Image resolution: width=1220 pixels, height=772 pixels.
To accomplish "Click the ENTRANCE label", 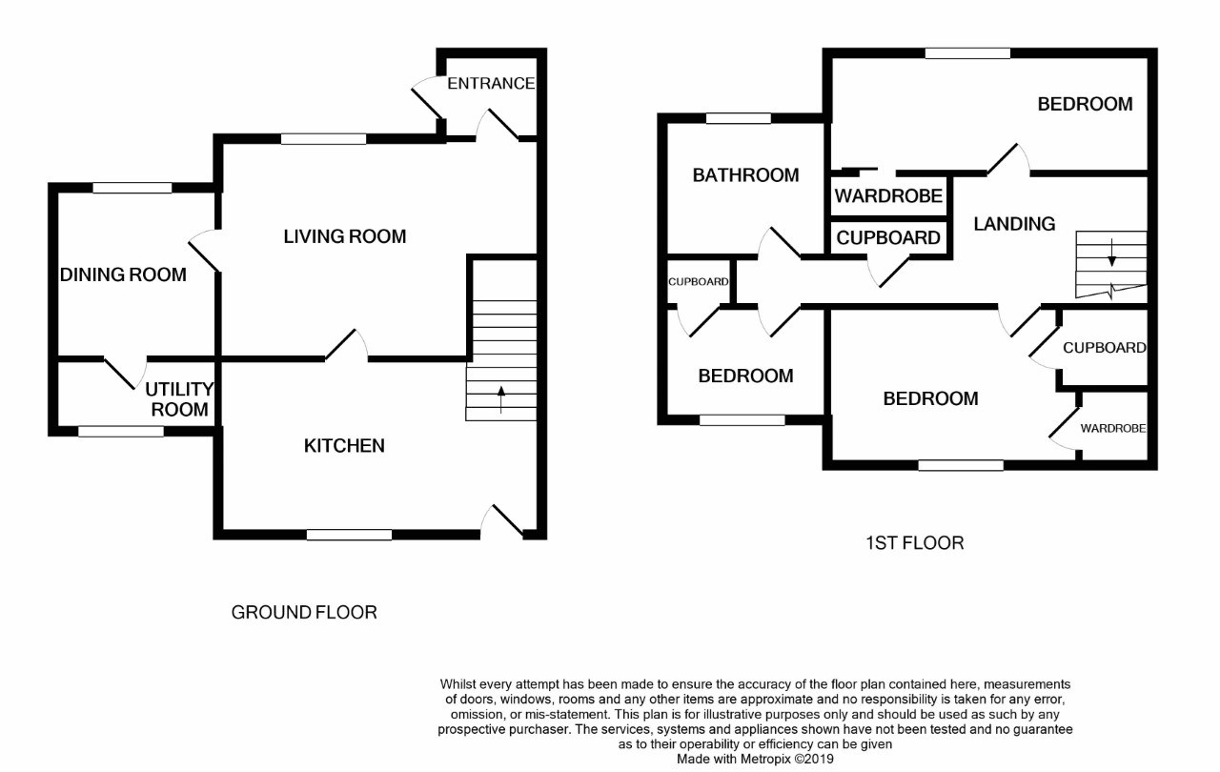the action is click(491, 83).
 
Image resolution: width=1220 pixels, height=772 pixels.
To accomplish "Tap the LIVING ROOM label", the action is click(345, 236).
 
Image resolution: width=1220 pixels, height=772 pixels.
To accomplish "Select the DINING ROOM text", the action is click(123, 275).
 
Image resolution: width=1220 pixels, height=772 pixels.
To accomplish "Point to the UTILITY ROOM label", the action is click(179, 399).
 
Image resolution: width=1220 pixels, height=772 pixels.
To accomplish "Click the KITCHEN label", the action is click(344, 445).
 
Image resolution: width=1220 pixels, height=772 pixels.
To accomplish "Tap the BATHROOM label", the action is click(745, 175).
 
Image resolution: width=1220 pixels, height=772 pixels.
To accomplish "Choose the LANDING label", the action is click(1014, 224).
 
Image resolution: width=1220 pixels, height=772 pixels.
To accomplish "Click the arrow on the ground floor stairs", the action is click(501, 398).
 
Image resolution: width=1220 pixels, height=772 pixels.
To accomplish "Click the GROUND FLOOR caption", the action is click(304, 612).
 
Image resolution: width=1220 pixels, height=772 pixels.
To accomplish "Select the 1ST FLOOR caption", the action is click(914, 543).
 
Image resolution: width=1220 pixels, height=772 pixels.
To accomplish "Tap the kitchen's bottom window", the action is click(349, 535).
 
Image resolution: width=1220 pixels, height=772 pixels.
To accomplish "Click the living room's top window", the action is click(323, 139).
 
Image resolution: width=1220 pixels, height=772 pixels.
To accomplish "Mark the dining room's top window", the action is click(132, 188).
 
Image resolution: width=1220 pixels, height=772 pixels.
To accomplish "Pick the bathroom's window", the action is click(739, 119).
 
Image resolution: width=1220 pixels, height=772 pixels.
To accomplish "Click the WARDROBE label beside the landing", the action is click(888, 196).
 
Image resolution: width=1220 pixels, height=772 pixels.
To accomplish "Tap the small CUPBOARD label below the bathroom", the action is click(699, 282).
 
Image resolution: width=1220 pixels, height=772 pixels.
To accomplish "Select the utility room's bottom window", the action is click(120, 432).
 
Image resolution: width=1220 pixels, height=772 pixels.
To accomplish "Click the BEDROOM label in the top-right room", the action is click(1085, 104).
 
